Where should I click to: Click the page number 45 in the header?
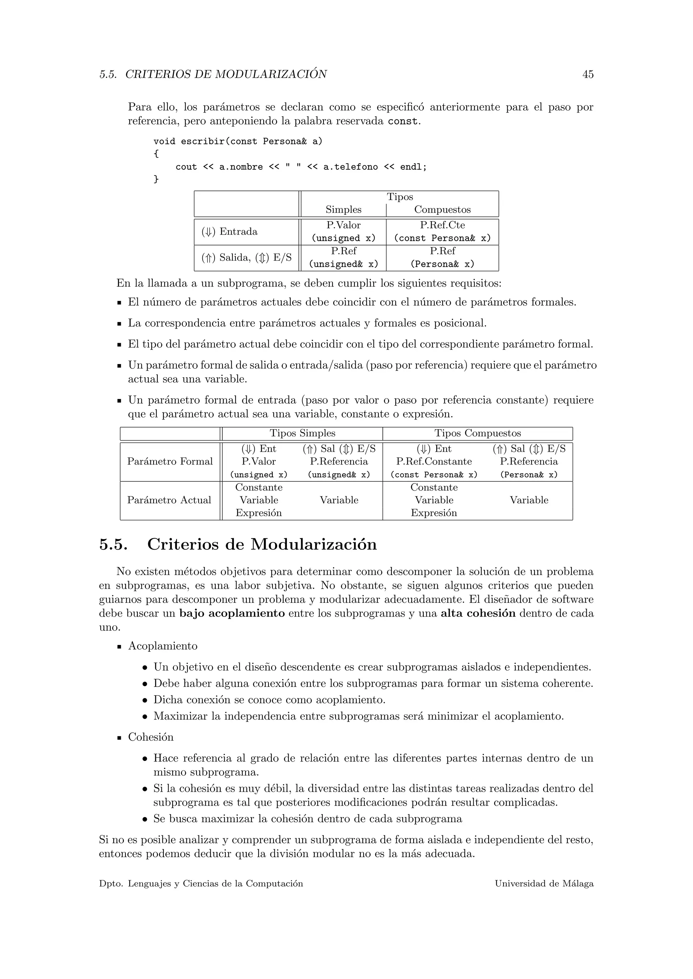click(x=588, y=74)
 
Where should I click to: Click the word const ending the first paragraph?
click(x=402, y=121)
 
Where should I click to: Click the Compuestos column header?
click(x=442, y=210)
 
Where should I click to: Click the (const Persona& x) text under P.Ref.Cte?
click(x=442, y=238)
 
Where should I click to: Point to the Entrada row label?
click(x=238, y=232)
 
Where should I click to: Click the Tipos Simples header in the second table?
click(x=302, y=433)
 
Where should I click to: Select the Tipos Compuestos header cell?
click(x=477, y=433)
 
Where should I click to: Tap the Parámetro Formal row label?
click(x=170, y=461)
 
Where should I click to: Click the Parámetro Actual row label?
click(x=169, y=500)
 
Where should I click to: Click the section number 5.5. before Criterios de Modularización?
click(x=113, y=545)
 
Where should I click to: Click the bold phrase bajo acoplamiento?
click(x=232, y=614)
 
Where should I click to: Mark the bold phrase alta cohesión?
click(x=478, y=614)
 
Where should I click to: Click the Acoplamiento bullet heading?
click(x=162, y=646)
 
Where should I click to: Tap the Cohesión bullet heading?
click(x=151, y=737)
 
